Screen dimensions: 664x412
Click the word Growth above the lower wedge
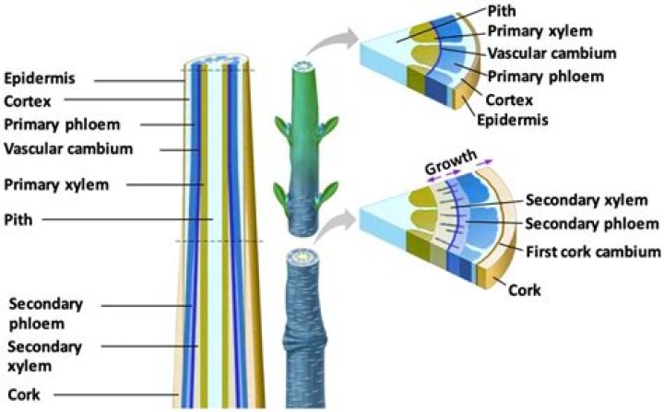point(450,161)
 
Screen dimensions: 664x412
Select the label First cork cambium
point(593,252)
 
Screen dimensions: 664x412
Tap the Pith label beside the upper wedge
point(502,10)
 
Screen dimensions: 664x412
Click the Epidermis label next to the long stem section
point(40,78)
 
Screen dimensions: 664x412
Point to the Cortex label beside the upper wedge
point(509,100)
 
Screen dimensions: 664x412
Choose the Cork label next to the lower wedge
point(525,290)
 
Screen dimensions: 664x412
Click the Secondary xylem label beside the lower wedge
point(587,200)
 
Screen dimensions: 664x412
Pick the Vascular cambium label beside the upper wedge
point(551,53)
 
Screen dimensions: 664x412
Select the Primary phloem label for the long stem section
point(63,125)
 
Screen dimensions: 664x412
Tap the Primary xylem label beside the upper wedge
point(539,31)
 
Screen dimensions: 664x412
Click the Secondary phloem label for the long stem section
point(46,313)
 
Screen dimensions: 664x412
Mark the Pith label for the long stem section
point(18,219)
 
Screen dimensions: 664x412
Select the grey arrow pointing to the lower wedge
point(336,227)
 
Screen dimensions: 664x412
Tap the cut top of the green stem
point(303,66)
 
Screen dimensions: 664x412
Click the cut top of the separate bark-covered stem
point(302,256)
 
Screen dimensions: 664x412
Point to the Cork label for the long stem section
point(24,394)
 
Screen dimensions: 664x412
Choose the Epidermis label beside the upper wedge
point(513,120)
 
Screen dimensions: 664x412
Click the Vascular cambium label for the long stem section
point(68,149)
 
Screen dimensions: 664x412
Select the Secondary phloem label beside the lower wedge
point(592,224)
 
